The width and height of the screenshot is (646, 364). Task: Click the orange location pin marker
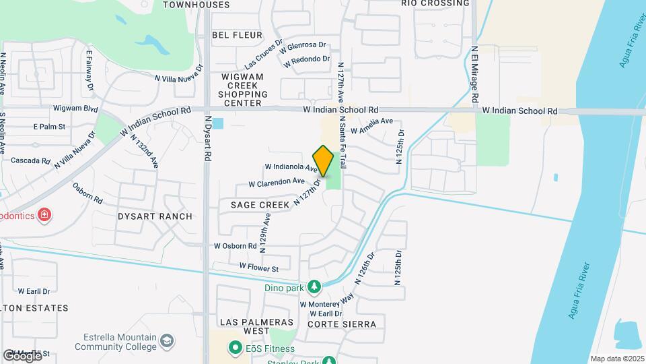[x=324, y=160]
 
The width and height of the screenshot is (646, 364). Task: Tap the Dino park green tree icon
[x=314, y=288]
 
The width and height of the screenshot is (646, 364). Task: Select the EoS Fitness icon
[x=235, y=348]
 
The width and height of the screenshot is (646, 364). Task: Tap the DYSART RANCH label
[x=155, y=216]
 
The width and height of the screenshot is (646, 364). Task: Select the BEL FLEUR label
[x=232, y=34]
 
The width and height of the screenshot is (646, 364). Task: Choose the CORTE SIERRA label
[x=341, y=324]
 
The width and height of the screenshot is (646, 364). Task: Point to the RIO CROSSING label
[x=435, y=3]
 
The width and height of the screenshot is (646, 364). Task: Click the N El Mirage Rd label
[x=474, y=74]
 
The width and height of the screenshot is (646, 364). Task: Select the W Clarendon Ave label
[x=277, y=182]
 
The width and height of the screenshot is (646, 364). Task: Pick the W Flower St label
[x=259, y=268]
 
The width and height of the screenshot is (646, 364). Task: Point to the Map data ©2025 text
[x=616, y=359]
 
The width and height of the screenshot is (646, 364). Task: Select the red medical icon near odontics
[x=44, y=215]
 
